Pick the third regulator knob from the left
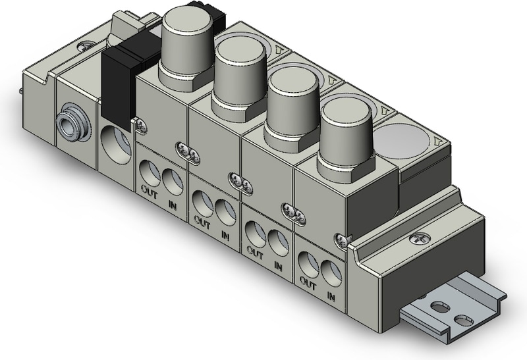coord(292,108)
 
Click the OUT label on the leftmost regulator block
coord(149,192)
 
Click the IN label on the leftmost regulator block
coord(173,205)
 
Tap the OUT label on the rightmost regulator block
coord(308,284)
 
